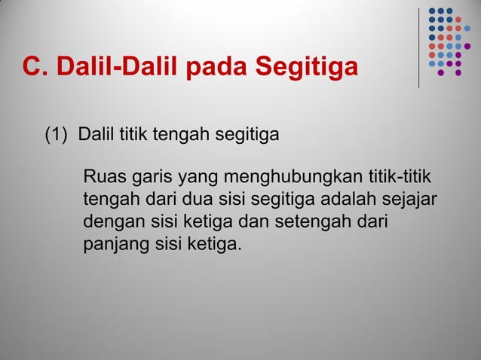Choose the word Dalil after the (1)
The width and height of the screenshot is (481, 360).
[97, 136]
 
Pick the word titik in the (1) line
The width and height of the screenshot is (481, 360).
[133, 136]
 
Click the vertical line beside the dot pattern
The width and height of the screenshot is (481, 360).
[419, 47]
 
